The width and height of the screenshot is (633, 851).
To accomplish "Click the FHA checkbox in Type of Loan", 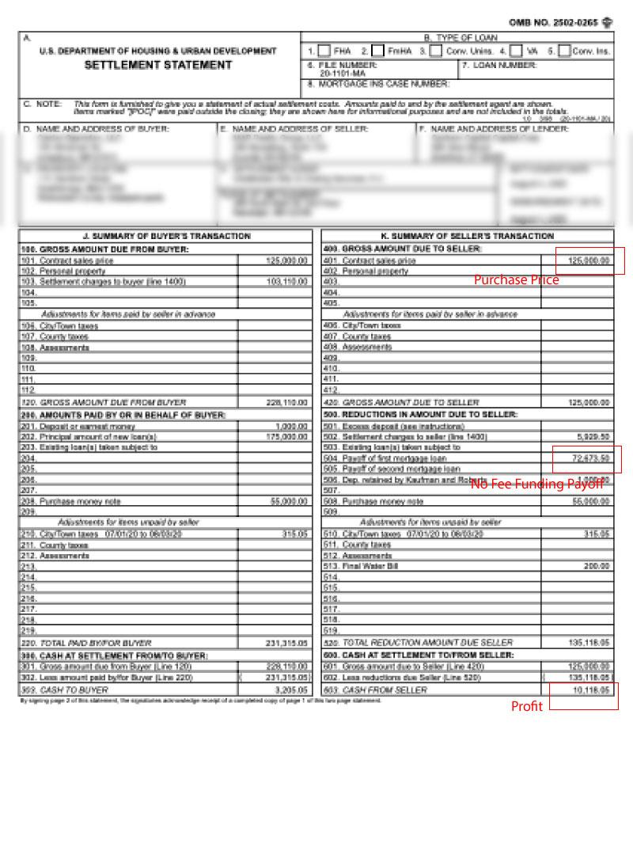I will [x=324, y=51].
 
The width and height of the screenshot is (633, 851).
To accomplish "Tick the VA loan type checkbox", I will [x=516, y=51].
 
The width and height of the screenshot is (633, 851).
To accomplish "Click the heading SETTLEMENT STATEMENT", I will [x=158, y=65].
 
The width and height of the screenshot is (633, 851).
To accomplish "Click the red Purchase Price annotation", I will [x=516, y=280].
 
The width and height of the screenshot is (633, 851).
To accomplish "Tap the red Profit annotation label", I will [x=527, y=707].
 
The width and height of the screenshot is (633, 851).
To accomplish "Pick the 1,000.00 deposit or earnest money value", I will [x=290, y=427].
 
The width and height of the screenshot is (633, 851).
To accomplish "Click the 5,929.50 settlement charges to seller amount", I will [x=593, y=437].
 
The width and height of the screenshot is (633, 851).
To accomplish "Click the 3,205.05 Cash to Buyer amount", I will [x=290, y=690].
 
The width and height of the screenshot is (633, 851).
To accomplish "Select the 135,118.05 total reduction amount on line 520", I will [x=589, y=643].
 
